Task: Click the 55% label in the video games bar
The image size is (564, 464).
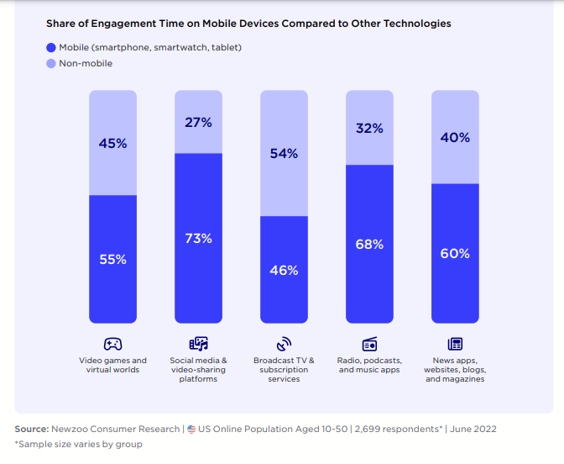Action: [x=112, y=260]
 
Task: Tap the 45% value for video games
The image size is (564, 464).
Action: [x=112, y=144]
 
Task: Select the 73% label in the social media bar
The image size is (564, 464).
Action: [x=198, y=239]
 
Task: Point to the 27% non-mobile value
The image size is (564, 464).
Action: [x=198, y=123]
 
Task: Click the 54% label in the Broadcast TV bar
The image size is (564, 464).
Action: [x=284, y=154]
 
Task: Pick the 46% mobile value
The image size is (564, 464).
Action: [x=284, y=270]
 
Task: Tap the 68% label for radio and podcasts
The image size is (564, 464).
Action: [x=369, y=245]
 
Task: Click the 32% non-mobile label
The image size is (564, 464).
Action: [x=369, y=129]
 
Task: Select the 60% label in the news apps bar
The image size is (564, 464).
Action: [x=455, y=253]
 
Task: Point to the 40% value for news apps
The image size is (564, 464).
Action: [x=455, y=137]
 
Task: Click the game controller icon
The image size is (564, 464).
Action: [x=112, y=344]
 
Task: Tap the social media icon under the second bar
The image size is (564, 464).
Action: [x=198, y=344]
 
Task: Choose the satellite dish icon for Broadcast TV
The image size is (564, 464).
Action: [x=284, y=344]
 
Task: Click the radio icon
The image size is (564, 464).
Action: [x=369, y=344]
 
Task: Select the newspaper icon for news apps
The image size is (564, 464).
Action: [x=455, y=344]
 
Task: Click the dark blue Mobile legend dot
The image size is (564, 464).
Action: [x=51, y=48]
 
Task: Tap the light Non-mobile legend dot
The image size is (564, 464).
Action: [x=51, y=63]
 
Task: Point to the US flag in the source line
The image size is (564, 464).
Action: [x=191, y=429]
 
